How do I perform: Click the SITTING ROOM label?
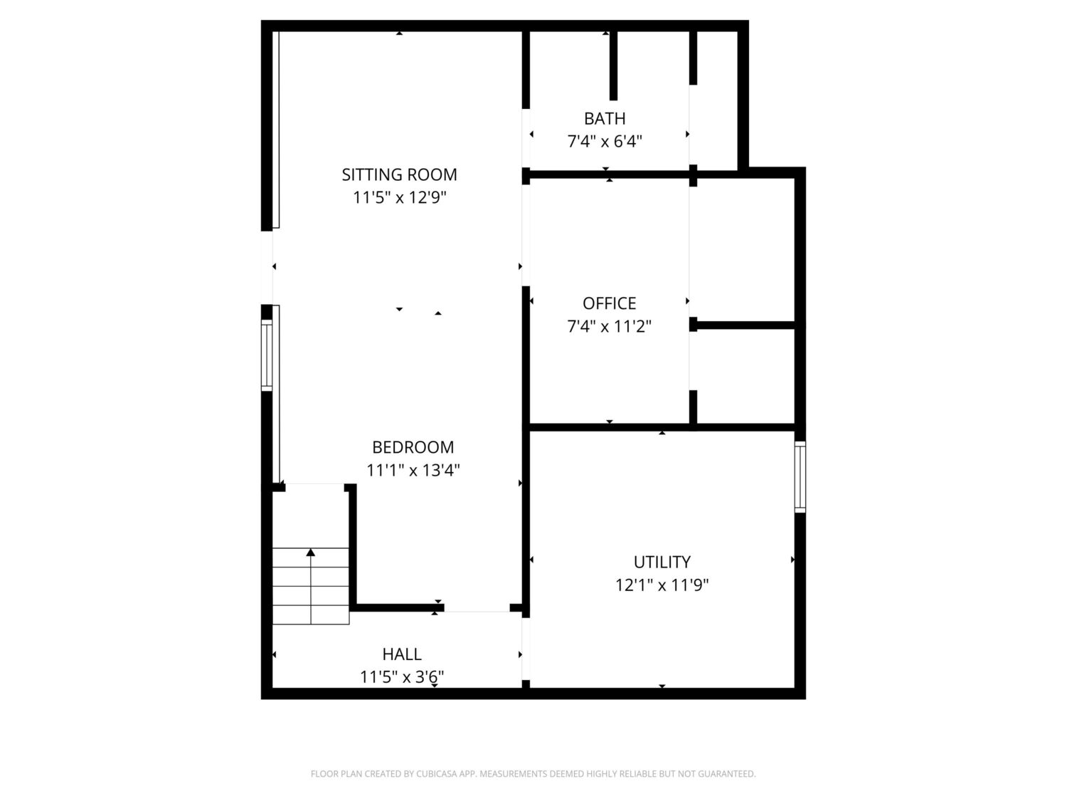coord(399,174)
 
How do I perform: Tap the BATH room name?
coord(605,119)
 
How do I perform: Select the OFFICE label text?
coord(609,303)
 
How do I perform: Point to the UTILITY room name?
coord(662,562)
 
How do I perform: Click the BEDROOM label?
coord(413,447)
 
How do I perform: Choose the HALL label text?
coord(401,654)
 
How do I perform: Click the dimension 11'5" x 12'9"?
coord(399,198)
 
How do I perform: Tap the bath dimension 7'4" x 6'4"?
coord(605,142)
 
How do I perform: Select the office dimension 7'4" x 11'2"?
coord(609,326)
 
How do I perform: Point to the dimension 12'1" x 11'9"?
coord(662,585)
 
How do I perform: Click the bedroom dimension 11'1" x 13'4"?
coord(413,471)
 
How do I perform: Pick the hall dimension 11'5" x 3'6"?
coord(401,677)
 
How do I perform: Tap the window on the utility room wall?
coord(800,476)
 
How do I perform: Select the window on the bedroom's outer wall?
coord(266,355)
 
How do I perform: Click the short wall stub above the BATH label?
coord(613,66)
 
